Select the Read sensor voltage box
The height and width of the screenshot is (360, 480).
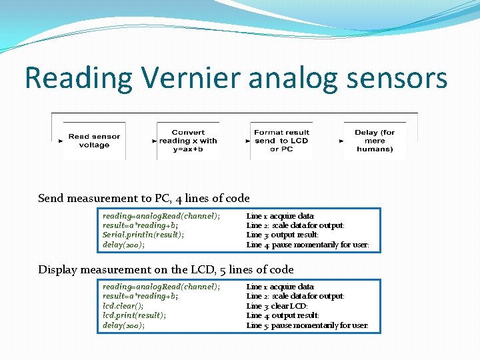click(x=94, y=141)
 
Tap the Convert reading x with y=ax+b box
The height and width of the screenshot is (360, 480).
click(x=188, y=141)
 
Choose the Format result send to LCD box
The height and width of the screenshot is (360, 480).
click(x=281, y=141)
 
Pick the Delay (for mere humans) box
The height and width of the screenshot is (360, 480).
click(x=375, y=141)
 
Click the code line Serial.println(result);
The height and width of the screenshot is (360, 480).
click(x=143, y=235)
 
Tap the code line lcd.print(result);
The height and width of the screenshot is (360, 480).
click(x=134, y=315)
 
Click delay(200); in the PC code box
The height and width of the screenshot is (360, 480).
click(x=123, y=245)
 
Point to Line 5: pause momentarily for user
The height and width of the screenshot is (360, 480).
click(x=307, y=325)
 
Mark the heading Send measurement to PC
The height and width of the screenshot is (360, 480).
click(x=144, y=198)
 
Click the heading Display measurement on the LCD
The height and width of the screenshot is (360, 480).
click(x=165, y=269)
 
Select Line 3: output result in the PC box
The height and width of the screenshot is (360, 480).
click(x=283, y=235)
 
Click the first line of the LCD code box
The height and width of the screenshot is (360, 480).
click(x=161, y=287)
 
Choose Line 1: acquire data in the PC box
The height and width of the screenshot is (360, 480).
click(x=280, y=216)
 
